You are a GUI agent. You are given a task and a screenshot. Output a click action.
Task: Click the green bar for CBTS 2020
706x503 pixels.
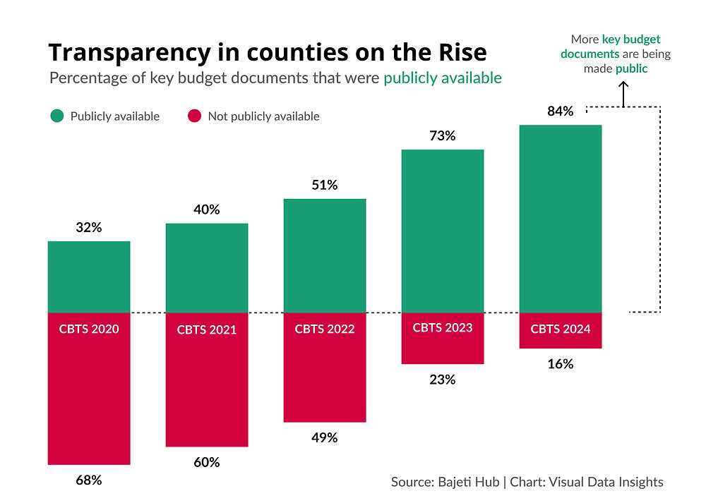[x=89, y=277]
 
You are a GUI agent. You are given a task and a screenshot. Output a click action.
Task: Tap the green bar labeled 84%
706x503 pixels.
[x=560, y=219]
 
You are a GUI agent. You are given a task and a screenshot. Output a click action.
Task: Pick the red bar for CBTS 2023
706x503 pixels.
[x=443, y=349]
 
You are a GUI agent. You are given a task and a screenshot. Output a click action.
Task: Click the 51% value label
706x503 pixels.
[x=325, y=186]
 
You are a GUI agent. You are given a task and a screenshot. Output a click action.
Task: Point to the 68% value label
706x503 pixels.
[x=89, y=480]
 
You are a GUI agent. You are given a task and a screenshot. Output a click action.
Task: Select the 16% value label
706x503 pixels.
[x=560, y=364]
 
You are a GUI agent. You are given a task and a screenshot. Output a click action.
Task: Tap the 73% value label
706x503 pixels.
[x=443, y=136]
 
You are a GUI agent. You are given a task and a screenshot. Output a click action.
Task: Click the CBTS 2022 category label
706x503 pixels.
[x=325, y=329]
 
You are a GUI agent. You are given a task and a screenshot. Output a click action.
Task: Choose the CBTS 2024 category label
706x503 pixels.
[x=560, y=329]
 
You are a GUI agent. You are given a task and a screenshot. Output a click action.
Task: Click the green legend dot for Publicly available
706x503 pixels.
[x=56, y=116]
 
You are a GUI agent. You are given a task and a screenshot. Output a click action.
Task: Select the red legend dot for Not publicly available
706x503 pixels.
[x=194, y=116]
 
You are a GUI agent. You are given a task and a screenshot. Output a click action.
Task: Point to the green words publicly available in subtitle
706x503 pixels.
[x=443, y=78]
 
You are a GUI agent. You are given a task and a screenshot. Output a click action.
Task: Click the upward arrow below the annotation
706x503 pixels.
[x=623, y=93]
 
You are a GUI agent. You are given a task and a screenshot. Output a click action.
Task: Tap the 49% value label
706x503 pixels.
[x=325, y=437]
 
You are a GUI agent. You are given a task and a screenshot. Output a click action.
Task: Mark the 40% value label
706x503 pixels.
[x=207, y=210]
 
